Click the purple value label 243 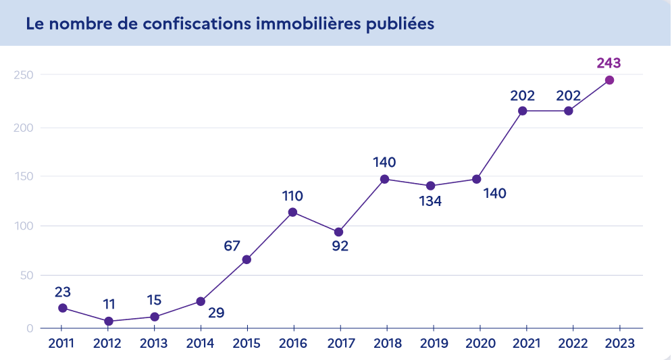[609, 63]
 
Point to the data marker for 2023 [609, 80]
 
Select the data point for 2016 [292, 212]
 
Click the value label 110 [292, 197]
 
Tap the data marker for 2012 [109, 322]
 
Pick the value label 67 [232, 246]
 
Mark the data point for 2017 [339, 232]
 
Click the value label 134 [430, 201]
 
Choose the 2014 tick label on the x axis [200, 343]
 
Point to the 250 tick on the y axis [24, 74]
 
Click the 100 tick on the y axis [24, 226]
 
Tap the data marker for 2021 [522, 111]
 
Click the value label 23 [62, 292]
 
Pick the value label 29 [216, 313]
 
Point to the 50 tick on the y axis [26, 276]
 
